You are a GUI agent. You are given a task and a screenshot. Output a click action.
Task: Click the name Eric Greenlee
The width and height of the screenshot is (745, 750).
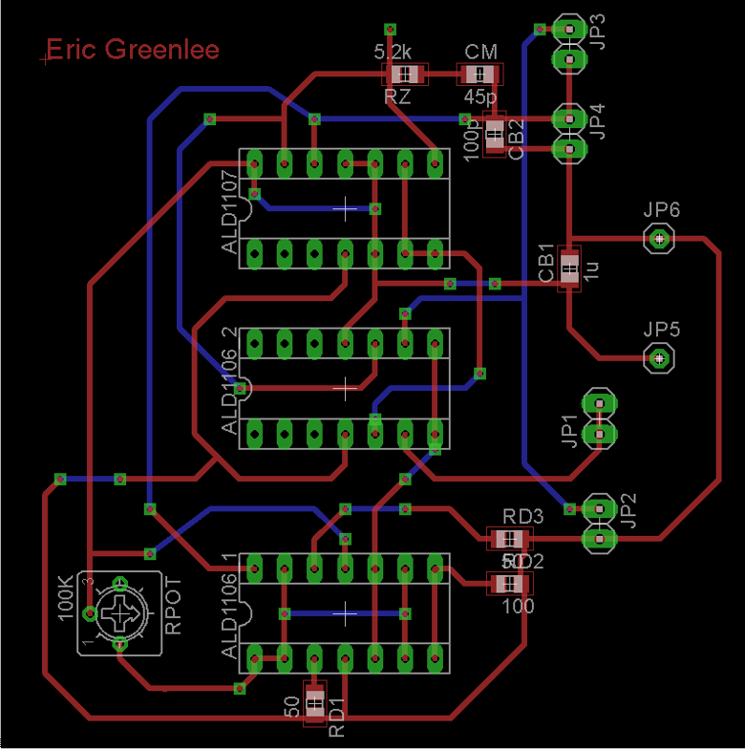[133, 50]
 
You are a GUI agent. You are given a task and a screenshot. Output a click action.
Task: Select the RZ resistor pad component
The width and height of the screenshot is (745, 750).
[403, 74]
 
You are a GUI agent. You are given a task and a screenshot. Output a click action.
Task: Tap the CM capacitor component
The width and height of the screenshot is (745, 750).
[479, 74]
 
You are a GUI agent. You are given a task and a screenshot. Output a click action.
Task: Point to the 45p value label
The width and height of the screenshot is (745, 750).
[480, 96]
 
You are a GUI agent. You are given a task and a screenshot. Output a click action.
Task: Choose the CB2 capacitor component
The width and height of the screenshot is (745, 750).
[494, 134]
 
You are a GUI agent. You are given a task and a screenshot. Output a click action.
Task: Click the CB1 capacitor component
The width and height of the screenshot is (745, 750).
[569, 267]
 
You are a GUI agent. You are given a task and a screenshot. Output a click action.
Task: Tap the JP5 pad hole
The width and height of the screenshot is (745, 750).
[659, 358]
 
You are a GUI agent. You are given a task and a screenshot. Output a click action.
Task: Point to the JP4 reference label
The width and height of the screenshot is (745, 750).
[598, 121]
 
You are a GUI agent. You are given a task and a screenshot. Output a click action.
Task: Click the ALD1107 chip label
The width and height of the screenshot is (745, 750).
[229, 212]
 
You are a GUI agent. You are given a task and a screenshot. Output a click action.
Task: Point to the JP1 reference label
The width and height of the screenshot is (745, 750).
[569, 433]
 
